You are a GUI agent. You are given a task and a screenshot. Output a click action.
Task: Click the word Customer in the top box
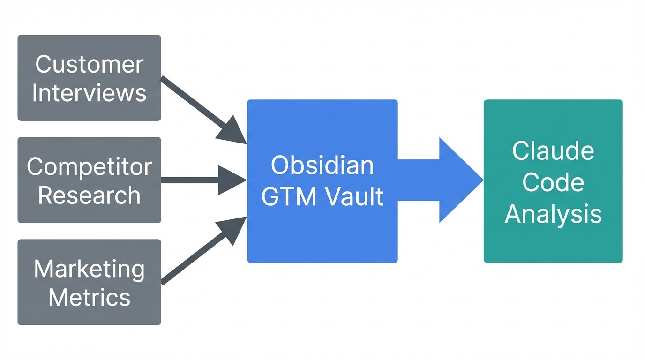pyautogui.click(x=89, y=64)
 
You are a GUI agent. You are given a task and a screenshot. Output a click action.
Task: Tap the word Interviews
pyautogui.click(x=89, y=93)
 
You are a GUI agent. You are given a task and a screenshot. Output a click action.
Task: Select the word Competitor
pyautogui.click(x=89, y=166)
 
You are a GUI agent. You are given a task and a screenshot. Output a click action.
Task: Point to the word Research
pyautogui.click(x=89, y=195)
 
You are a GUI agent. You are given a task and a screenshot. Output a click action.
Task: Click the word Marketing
pyautogui.click(x=89, y=270)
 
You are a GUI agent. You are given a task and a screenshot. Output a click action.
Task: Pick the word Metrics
pyautogui.click(x=89, y=298)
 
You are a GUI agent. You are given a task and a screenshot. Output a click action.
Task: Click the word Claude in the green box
pyautogui.click(x=553, y=151)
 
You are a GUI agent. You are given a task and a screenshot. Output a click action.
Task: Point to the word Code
pyautogui.click(x=553, y=182)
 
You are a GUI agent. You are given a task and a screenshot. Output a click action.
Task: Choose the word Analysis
pyautogui.click(x=553, y=214)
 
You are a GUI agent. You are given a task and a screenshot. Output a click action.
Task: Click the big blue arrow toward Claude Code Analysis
pyautogui.click(x=422, y=180)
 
